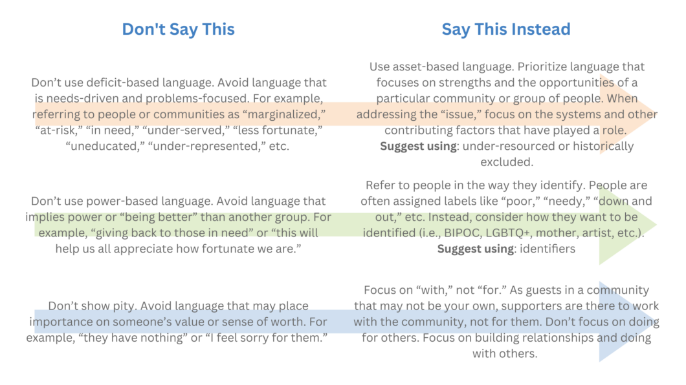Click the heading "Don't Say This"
178,29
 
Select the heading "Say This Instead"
505,29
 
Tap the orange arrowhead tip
657,114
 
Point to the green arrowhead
628,225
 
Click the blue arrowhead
628,322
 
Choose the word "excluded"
507,162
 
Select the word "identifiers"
548,249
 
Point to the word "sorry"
269,338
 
